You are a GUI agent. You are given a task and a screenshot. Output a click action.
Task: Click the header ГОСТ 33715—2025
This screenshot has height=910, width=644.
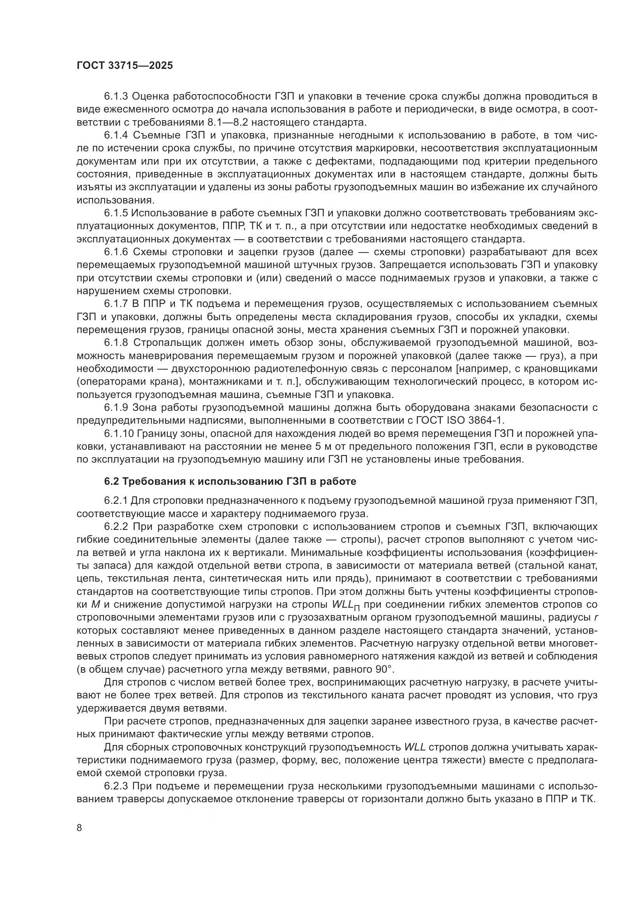click(x=125, y=66)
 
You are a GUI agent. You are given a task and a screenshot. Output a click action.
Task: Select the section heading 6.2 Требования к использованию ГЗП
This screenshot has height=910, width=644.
click(x=230, y=481)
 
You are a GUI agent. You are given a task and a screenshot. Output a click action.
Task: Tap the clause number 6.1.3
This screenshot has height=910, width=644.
click(x=116, y=96)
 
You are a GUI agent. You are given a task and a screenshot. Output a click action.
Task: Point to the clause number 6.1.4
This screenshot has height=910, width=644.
click(x=116, y=135)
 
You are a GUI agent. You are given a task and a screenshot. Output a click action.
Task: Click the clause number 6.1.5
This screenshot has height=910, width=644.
click(x=116, y=213)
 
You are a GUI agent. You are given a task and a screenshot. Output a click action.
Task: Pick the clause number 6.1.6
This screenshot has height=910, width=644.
click(x=116, y=252)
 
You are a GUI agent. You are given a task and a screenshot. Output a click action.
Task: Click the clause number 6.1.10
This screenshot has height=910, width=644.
click(x=119, y=433)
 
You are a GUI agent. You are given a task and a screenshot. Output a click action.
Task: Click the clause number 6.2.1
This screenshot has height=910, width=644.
click(x=116, y=501)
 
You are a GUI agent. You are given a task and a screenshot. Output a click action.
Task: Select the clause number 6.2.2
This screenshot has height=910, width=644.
click(x=116, y=527)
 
